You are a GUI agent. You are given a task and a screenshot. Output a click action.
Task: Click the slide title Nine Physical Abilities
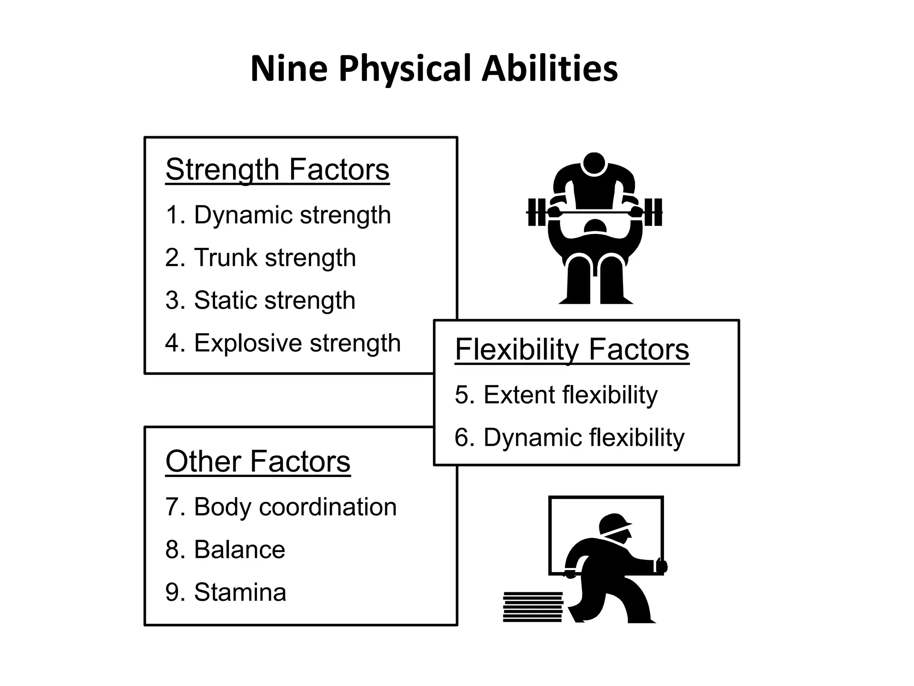(434, 69)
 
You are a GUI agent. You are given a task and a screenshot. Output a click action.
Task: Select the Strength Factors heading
(277, 170)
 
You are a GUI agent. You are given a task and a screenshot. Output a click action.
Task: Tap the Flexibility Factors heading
(572, 349)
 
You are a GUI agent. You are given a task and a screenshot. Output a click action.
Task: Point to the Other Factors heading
(258, 461)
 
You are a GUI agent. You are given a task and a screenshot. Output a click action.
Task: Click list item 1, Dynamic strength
(278, 215)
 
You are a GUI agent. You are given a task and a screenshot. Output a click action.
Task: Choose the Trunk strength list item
(261, 258)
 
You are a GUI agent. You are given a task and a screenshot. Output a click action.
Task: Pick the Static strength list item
(260, 300)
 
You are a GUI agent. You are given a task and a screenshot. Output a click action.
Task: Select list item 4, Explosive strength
(283, 343)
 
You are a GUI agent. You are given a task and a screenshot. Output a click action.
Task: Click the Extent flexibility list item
(556, 395)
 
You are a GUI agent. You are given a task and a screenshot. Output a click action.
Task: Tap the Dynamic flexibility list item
(569, 437)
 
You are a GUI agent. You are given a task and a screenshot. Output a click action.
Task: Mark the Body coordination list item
(281, 507)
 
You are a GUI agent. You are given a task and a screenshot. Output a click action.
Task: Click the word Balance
(240, 549)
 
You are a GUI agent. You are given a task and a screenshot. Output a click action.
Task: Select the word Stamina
(240, 592)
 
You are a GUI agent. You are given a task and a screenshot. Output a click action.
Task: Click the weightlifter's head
(594, 164)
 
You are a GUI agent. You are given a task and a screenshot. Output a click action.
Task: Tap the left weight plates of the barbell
(537, 212)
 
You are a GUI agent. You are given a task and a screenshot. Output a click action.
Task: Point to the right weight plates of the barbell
(652, 212)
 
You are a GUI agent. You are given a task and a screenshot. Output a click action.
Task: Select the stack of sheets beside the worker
(532, 607)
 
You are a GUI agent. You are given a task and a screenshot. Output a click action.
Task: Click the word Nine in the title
(289, 69)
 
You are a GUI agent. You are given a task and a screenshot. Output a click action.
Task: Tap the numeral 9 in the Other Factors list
(172, 592)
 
